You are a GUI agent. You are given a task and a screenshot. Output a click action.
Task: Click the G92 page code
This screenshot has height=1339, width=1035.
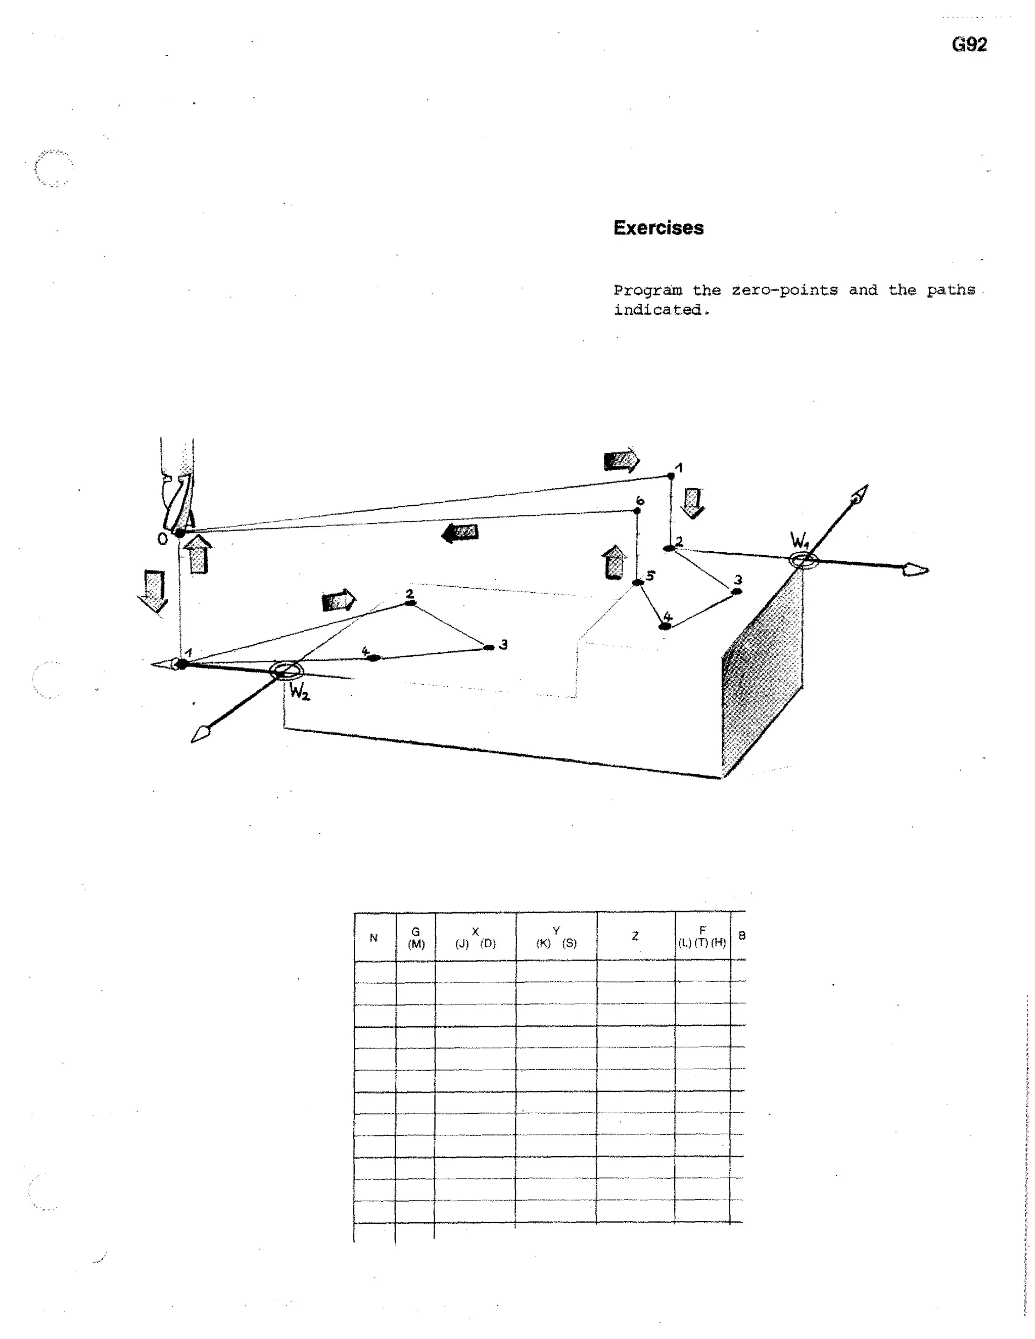tap(969, 45)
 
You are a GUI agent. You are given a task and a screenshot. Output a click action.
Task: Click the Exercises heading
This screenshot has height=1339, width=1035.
tap(658, 228)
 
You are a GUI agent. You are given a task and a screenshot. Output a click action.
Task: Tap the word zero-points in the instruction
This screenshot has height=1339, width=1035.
tap(784, 290)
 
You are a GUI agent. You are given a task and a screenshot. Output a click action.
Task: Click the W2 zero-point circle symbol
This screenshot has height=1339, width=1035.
tap(286, 671)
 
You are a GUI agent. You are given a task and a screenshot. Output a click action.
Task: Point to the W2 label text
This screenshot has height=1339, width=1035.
tap(300, 693)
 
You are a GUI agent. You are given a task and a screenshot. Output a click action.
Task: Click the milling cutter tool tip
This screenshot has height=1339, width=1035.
tap(179, 533)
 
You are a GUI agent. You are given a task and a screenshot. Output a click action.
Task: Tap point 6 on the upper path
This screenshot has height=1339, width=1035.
tap(637, 510)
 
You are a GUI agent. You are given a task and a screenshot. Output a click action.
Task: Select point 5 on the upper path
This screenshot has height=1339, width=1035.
tap(638, 582)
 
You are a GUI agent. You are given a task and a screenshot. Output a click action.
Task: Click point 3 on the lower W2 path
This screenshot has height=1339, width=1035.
tap(489, 647)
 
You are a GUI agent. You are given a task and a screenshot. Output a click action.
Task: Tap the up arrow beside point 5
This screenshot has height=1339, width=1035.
tap(614, 563)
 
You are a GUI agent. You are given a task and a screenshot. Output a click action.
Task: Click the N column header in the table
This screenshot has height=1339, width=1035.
tap(373, 937)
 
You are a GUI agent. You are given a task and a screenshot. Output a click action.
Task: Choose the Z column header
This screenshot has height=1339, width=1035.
tap(635, 936)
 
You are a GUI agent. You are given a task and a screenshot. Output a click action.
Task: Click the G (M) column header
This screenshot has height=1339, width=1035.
tap(416, 937)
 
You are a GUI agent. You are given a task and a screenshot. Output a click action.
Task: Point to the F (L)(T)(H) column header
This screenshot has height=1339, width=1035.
tap(702, 937)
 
